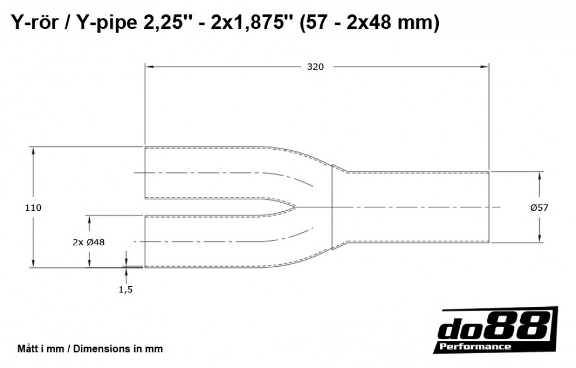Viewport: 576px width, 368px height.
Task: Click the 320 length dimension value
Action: click(x=315, y=67)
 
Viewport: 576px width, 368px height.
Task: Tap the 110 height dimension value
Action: click(x=33, y=208)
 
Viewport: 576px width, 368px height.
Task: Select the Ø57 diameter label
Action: click(x=539, y=208)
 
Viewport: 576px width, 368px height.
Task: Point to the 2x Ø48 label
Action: click(x=89, y=242)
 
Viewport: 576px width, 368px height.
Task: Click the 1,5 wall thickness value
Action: click(x=126, y=290)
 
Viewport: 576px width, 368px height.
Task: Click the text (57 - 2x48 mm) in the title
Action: click(x=369, y=23)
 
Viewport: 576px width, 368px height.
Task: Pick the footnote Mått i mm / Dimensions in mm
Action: click(x=90, y=348)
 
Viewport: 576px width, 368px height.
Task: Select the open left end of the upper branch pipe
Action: click(x=145, y=173)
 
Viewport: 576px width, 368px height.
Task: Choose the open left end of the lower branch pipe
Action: click(x=145, y=241)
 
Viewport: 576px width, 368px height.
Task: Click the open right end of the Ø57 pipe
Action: click(x=489, y=207)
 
